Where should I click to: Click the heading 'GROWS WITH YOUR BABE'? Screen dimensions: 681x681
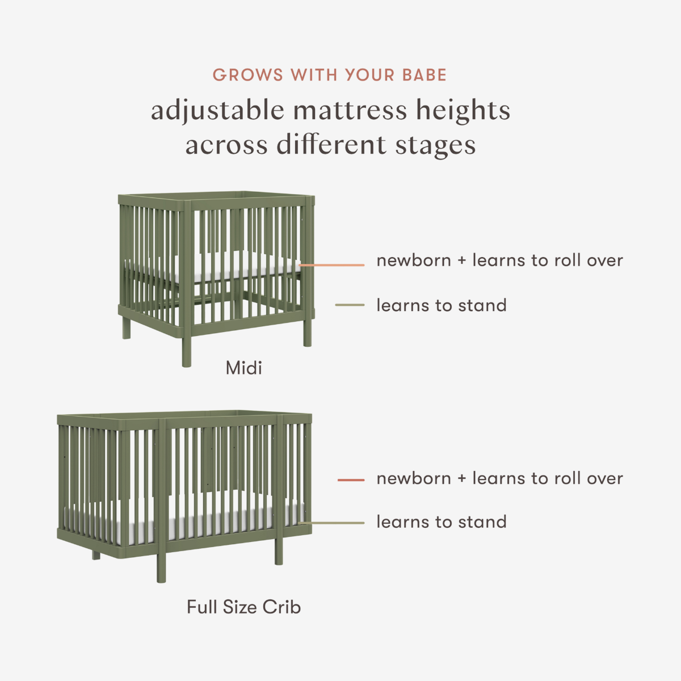point(330,75)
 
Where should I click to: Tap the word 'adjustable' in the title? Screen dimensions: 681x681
point(217,111)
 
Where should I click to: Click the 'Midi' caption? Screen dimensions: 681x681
point(244,368)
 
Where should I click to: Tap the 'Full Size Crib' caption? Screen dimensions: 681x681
point(244,607)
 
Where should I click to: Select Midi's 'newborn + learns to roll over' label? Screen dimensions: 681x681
point(499,260)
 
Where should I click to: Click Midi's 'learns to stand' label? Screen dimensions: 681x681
point(442,305)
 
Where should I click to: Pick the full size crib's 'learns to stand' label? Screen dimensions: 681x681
point(442,522)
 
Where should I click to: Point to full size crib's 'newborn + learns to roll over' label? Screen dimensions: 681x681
point(499,478)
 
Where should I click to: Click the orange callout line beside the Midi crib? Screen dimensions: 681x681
point(332,265)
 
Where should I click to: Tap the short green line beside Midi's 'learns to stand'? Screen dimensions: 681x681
point(350,305)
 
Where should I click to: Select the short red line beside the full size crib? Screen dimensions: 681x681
point(351,480)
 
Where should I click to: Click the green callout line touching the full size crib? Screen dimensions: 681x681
point(332,523)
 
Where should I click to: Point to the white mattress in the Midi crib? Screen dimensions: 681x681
point(238,270)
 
